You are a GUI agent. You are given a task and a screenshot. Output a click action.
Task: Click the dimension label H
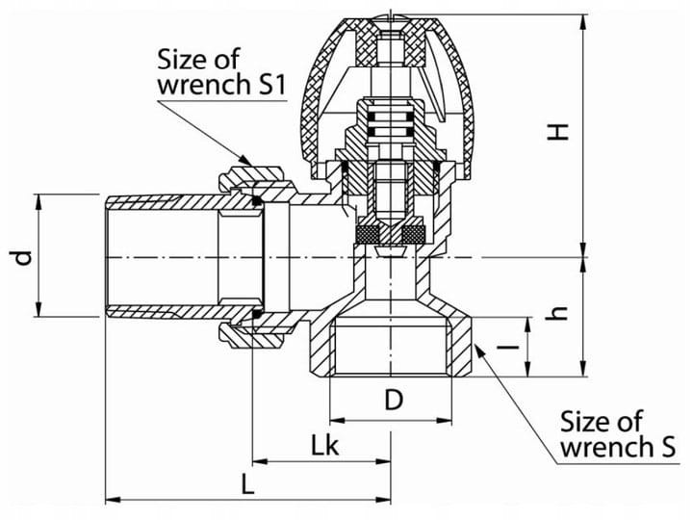pyautogui.click(x=557, y=132)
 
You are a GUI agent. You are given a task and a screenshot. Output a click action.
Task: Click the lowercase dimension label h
pyautogui.click(x=557, y=313)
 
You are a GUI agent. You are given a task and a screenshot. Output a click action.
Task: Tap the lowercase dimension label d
pyautogui.click(x=23, y=257)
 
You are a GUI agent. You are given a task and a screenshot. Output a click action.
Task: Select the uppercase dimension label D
pyautogui.click(x=394, y=401)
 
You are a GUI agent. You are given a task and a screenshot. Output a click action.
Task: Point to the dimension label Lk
pyautogui.click(x=325, y=445)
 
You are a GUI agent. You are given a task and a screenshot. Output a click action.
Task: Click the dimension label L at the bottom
pyautogui.click(x=248, y=483)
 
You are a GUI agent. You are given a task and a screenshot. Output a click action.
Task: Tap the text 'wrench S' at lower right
pyautogui.click(x=618, y=447)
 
